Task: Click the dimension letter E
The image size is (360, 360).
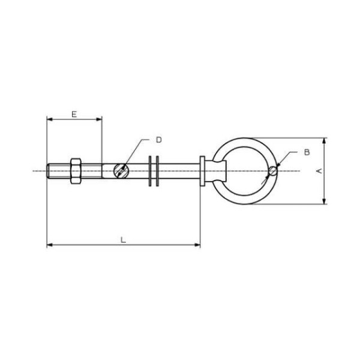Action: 74,114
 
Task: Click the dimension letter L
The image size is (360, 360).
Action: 123,240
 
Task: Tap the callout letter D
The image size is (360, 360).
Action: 159,140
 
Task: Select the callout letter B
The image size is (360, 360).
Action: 307,152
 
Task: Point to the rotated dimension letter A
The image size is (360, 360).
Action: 319,171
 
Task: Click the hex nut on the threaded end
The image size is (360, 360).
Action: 76,171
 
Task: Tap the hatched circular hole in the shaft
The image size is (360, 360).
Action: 121,171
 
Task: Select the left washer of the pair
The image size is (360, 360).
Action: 150,171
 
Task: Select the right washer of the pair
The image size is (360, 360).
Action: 157,171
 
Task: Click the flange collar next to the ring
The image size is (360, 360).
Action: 202,171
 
